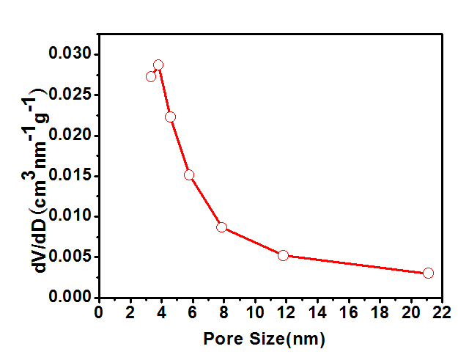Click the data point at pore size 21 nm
coord(428,273)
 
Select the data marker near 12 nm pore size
coord(284,255)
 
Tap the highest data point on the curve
coord(158,65)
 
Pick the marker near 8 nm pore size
coord(221,227)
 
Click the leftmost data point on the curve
coord(151,76)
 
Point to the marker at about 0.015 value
coord(189,175)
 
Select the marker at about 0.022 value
coord(171,117)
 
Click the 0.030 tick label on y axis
coord(70,54)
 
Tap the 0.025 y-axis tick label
coord(70,95)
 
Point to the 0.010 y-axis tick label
coord(70,216)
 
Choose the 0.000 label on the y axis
coord(70,297)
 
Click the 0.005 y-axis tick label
coord(70,257)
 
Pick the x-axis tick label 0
coord(100,312)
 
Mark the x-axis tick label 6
coord(193,312)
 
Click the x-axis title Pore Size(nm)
coord(264,339)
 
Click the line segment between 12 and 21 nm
coord(355,264)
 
